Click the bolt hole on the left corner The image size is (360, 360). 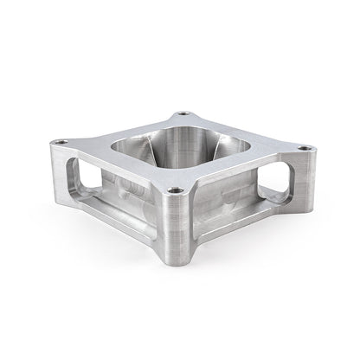pos(58,143)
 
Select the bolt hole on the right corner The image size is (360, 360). pos(305,148)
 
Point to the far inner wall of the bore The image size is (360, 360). pos(182,134)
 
